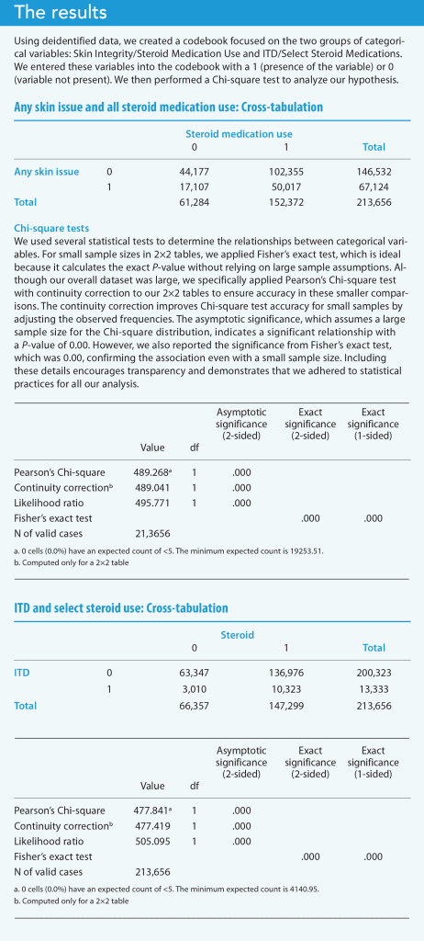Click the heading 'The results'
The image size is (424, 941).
point(55,14)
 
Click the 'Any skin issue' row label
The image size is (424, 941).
point(46,171)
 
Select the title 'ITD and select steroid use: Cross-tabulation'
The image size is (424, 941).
point(121,608)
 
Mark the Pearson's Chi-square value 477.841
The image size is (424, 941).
point(153,810)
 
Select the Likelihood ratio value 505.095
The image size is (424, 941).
point(151,842)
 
